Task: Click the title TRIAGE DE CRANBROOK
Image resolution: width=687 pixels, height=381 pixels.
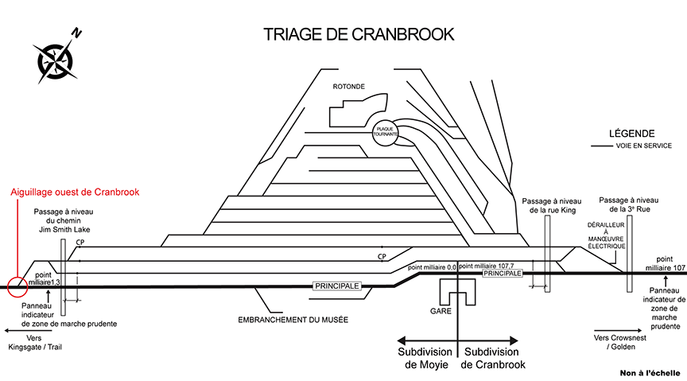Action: pyautogui.click(x=359, y=34)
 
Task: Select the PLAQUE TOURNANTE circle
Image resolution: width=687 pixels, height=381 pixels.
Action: pyautogui.click(x=385, y=131)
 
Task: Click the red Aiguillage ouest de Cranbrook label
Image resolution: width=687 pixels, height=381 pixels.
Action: pyautogui.click(x=75, y=192)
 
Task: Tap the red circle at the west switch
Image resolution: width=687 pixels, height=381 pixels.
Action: pyautogui.click(x=17, y=285)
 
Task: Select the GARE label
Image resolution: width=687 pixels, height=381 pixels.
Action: pyautogui.click(x=441, y=309)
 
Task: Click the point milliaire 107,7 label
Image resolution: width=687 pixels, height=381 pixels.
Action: pyautogui.click(x=487, y=266)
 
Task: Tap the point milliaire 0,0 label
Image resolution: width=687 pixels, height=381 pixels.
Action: pyautogui.click(x=431, y=268)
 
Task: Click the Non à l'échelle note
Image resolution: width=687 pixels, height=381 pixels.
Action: pyautogui.click(x=651, y=372)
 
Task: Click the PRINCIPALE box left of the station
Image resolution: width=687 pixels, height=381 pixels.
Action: pyautogui.click(x=338, y=285)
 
